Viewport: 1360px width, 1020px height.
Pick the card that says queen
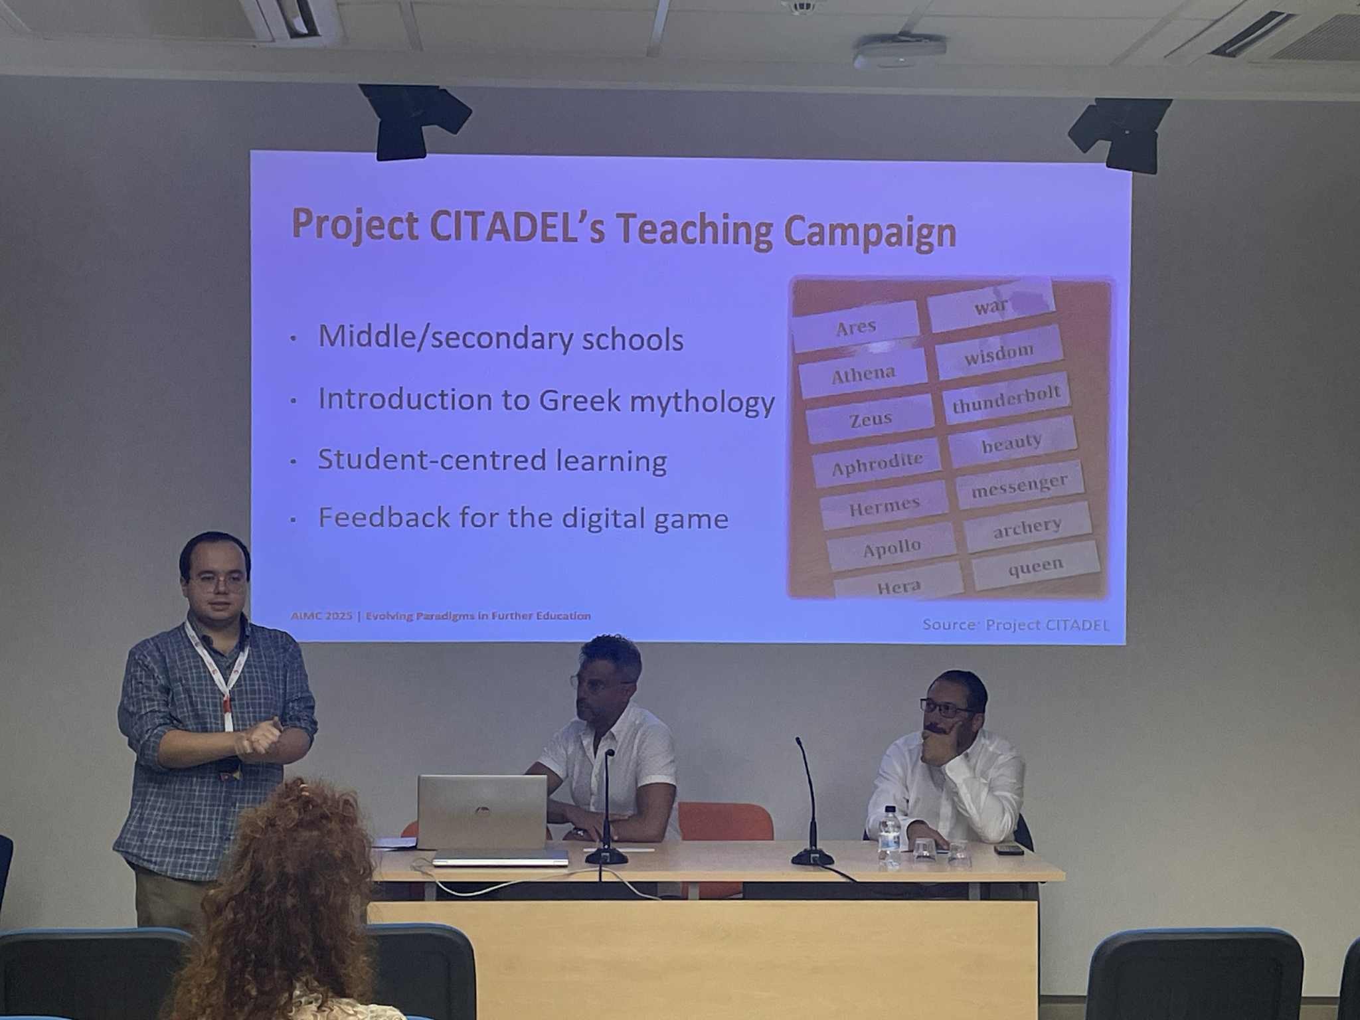coord(1035,566)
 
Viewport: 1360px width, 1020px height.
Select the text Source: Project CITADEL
coord(1015,625)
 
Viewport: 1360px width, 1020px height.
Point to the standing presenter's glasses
coord(217,583)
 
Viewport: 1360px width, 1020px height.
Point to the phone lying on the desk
coord(1008,849)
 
